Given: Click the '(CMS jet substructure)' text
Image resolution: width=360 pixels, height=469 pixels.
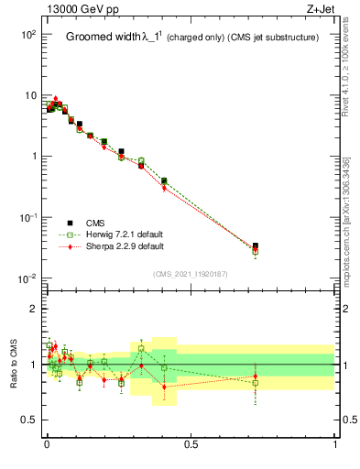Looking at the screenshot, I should coord(273,38).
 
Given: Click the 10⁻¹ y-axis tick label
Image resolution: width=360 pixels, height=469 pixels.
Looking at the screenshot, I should coord(27,217).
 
